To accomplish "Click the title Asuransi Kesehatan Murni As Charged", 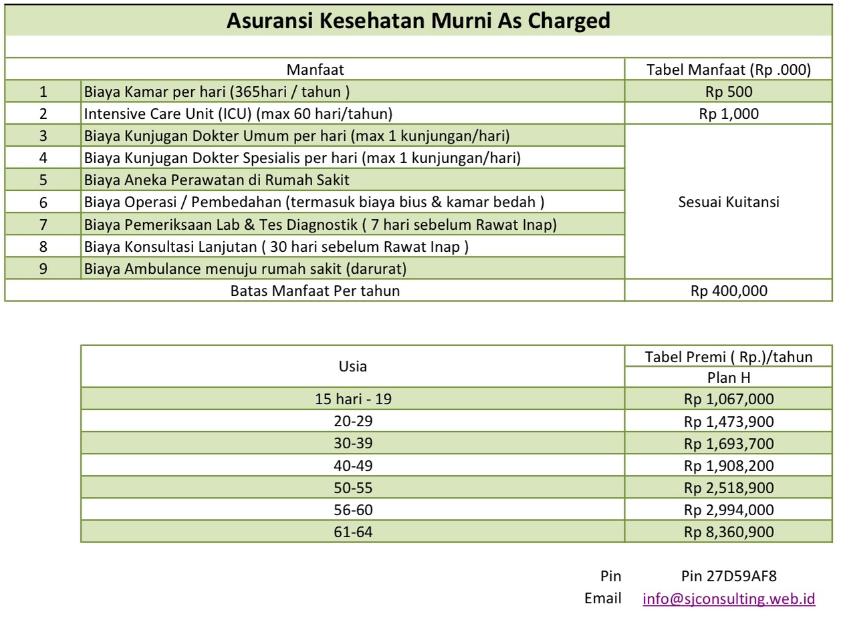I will click(418, 21).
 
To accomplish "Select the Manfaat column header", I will click(315, 69).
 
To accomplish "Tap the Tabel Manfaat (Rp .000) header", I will click(729, 69).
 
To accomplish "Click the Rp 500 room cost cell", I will click(729, 92).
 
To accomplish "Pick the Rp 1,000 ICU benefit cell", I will click(729, 114).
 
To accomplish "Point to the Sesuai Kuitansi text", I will click(729, 202).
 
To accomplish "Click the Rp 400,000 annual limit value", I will click(729, 291).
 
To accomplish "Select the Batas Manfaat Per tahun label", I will click(315, 291).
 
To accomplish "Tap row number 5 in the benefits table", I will click(43, 180).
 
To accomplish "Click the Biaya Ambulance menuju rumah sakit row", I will click(245, 269).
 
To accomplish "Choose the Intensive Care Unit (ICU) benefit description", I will click(238, 114).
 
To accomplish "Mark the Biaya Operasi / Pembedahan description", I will click(314, 202).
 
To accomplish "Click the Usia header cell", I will click(353, 366).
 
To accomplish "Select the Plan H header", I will click(729, 377).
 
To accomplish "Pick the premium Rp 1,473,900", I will click(729, 422).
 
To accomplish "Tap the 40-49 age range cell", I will click(353, 466).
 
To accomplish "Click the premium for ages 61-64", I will click(729, 532).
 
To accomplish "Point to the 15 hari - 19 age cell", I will click(353, 400).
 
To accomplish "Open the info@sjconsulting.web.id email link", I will click(729, 598).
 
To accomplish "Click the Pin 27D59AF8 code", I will click(729, 576).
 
